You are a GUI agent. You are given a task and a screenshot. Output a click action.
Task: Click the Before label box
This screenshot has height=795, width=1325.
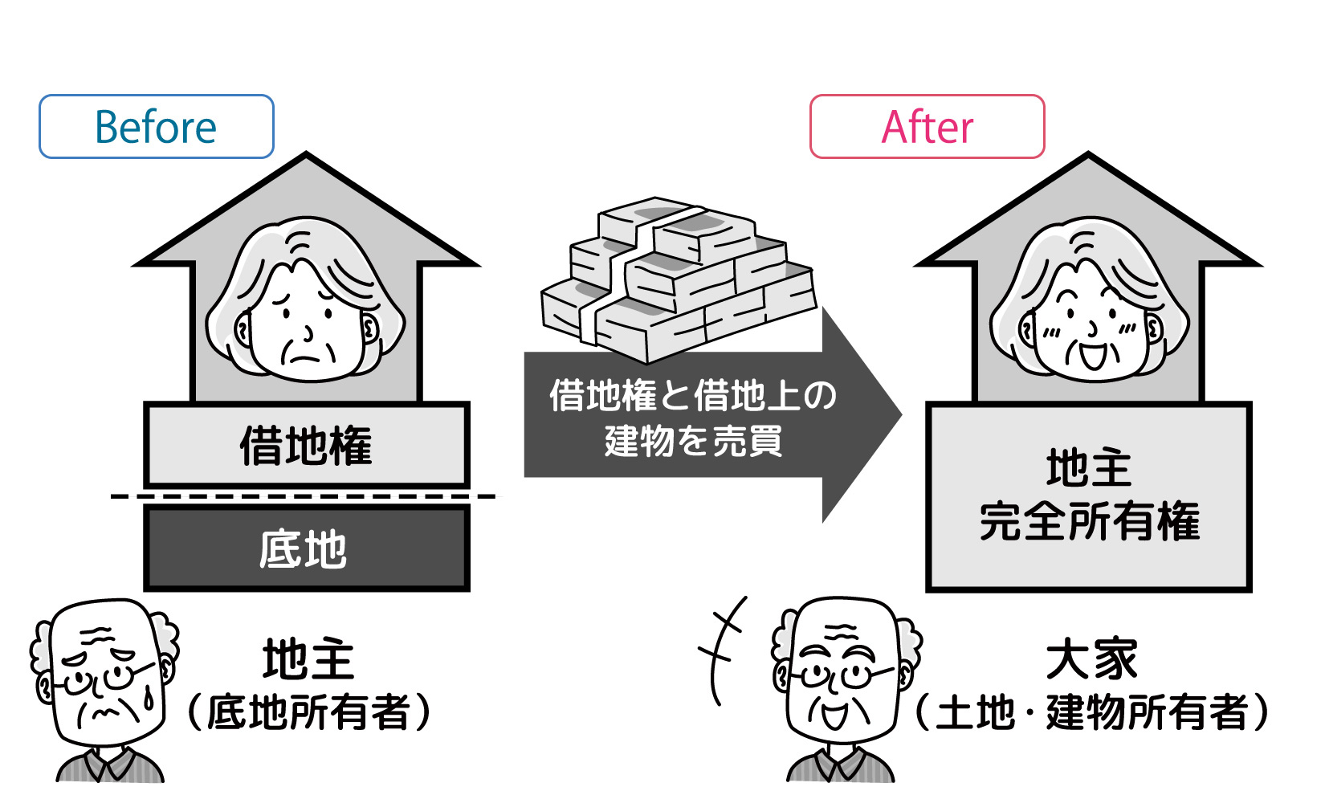coord(157,127)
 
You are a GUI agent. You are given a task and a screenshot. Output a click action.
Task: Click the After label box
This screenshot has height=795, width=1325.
coord(927,127)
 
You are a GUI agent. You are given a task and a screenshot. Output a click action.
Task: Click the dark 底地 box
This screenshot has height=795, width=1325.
coord(306,549)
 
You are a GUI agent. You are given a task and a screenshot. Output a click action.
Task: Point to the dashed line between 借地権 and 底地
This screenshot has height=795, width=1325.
coord(303,496)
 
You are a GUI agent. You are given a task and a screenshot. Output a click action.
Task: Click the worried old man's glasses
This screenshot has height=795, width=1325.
coord(100,679)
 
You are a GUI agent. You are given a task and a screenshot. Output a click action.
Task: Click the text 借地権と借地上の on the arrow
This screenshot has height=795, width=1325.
coord(692,396)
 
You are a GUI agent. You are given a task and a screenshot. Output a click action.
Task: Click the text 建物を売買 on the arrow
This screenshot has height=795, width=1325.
coord(692,441)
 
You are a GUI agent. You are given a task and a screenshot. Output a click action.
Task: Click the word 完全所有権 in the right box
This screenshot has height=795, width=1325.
coord(1090,522)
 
